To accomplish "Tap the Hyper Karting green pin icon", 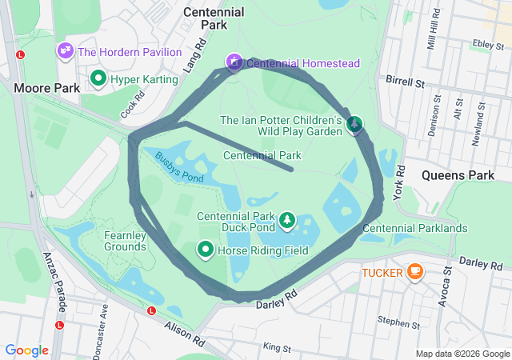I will point(98,78).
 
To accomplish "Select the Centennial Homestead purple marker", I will point(234,62).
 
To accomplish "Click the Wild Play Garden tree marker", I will point(354,123).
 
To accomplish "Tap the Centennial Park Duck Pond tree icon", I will point(286,219).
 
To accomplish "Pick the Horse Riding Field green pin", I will point(206,250).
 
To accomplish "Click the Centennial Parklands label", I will point(414,229).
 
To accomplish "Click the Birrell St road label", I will point(405,82).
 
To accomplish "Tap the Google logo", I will point(26,350).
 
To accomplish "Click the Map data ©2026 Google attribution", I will point(462,354).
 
